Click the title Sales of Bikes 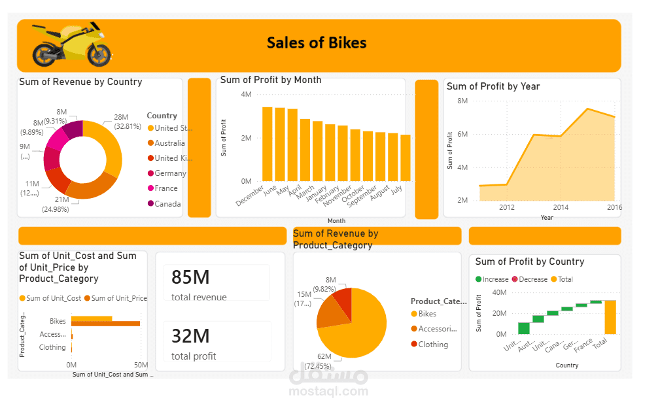[x=317, y=43]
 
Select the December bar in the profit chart [x=267, y=144]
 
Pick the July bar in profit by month [x=406, y=158]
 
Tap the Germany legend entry [x=170, y=173]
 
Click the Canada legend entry [x=167, y=203]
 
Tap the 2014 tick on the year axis [x=560, y=207]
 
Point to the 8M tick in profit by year [x=462, y=101]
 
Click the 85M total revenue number [x=190, y=278]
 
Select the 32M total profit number [x=190, y=336]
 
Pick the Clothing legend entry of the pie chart [x=433, y=345]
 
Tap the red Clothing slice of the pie [x=343, y=301]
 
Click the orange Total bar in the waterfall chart [x=610, y=317]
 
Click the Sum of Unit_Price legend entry [x=119, y=298]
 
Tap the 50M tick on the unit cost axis [x=141, y=364]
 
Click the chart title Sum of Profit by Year [x=493, y=86]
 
